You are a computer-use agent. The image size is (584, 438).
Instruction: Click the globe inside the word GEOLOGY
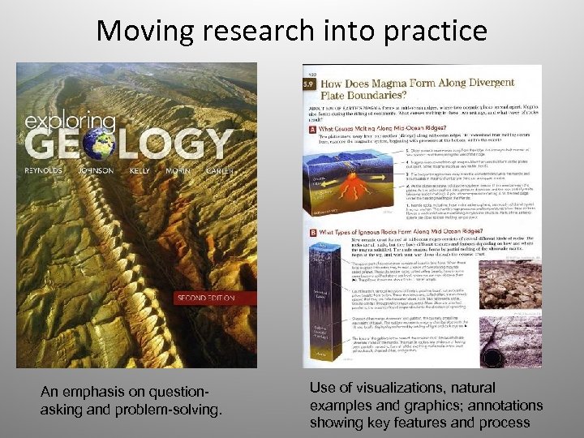99,143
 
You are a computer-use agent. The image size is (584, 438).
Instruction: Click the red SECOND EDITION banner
206,298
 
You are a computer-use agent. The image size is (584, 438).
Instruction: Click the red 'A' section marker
312,127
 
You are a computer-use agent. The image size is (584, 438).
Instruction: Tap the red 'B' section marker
312,234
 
